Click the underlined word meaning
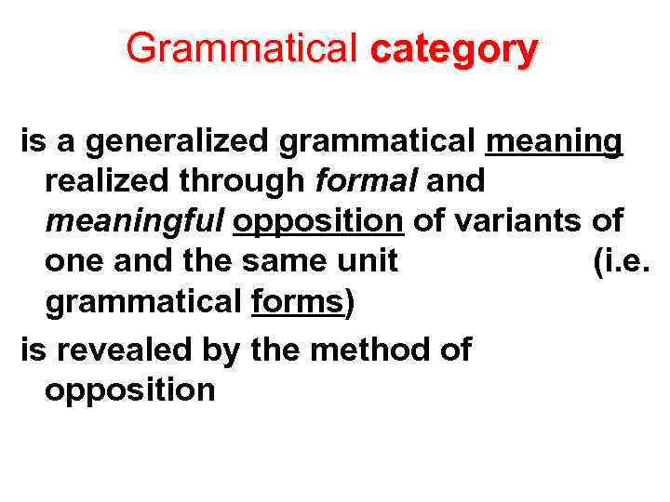pyautogui.click(x=554, y=141)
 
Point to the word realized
pyautogui.click(x=107, y=181)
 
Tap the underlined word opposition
pyautogui.click(x=318, y=221)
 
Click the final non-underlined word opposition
pyautogui.click(x=130, y=390)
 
